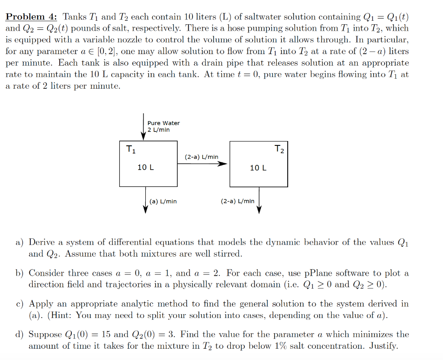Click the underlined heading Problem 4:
[31, 17]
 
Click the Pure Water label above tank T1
[164, 123]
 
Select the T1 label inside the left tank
[130, 150]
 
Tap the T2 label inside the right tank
[279, 150]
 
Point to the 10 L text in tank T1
[145, 167]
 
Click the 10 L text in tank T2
[258, 167]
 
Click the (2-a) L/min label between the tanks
[202, 157]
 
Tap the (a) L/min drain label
[163, 201]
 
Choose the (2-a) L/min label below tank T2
[238, 201]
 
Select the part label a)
[20, 243]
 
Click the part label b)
[20, 273]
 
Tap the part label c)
[20, 304]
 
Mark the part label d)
[20, 335]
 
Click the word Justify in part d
[383, 346]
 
